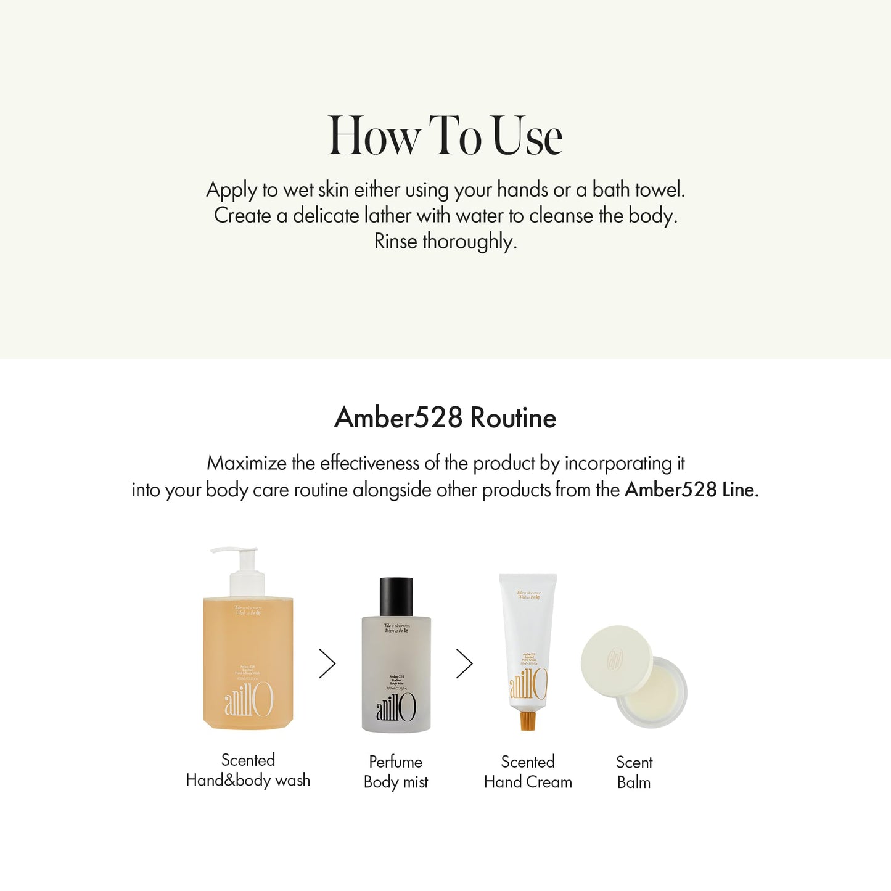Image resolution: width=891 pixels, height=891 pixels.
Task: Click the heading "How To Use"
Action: pyautogui.click(x=445, y=136)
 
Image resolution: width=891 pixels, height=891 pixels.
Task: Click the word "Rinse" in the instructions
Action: pyautogui.click(x=395, y=241)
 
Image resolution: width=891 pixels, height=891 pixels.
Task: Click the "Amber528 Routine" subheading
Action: pyautogui.click(x=445, y=417)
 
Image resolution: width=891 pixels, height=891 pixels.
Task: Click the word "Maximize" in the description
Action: pyautogui.click(x=247, y=462)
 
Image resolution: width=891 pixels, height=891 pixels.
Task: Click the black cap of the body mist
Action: pyautogui.click(x=396, y=596)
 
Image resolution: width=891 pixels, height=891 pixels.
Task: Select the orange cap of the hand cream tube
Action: pyautogui.click(x=527, y=720)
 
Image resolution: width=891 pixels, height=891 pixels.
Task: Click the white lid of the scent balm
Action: pyautogui.click(x=616, y=660)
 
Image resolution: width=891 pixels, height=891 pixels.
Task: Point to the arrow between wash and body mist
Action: pyautogui.click(x=327, y=663)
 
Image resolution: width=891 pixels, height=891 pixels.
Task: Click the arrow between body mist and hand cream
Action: pyautogui.click(x=464, y=663)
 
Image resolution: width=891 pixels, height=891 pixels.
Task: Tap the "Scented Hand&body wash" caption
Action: pyautogui.click(x=248, y=770)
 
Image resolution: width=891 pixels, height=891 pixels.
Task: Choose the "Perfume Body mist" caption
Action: pyautogui.click(x=396, y=771)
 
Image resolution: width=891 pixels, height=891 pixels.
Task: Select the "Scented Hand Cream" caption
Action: pyautogui.click(x=528, y=771)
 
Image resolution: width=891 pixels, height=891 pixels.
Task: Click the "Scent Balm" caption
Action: pyautogui.click(x=634, y=772)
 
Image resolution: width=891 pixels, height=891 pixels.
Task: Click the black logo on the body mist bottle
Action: pyautogui.click(x=396, y=707)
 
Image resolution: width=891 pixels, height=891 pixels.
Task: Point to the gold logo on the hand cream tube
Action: pyautogui.click(x=528, y=684)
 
